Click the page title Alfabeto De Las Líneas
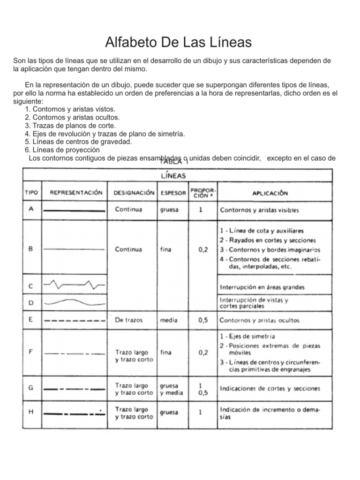[x=179, y=43]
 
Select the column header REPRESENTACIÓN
[x=76, y=193]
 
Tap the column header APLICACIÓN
[x=270, y=193]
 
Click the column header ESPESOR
[x=172, y=193]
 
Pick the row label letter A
[x=31, y=210]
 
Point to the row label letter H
[x=31, y=412]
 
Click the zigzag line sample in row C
[x=74, y=284]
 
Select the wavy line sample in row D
[x=74, y=302]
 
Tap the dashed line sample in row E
[x=74, y=321]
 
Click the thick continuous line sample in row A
[x=74, y=211]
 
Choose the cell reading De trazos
[x=129, y=321]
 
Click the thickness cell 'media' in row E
[x=169, y=321]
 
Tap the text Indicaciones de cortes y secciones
[x=270, y=389]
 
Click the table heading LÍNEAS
[x=173, y=176]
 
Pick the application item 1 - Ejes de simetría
[x=247, y=336]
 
